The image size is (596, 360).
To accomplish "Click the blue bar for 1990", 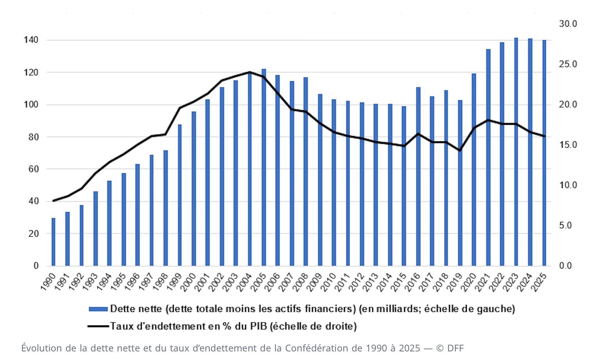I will pos(54,242).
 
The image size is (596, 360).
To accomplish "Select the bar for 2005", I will pos(264,168).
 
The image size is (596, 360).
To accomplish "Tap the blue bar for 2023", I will pos(516,152).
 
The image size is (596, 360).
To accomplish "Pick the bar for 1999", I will pos(180,195).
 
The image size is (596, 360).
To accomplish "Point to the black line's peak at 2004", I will pos(250,72).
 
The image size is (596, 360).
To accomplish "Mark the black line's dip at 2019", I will pos(460,150).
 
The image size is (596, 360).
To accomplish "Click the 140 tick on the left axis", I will pos(30,40).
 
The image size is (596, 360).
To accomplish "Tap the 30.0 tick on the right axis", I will pos(568,24).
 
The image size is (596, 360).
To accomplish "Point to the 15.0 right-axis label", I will pos(568,145).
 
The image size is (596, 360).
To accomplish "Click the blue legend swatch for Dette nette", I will pos(98,309).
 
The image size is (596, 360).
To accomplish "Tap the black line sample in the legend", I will pos(98,326).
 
